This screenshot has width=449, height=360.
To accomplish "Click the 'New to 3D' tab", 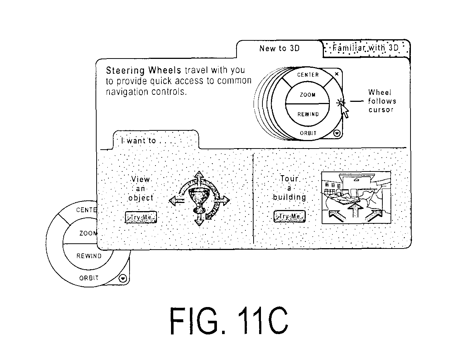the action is click(x=279, y=49).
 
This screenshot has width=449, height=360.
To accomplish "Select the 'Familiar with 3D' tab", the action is click(x=366, y=48).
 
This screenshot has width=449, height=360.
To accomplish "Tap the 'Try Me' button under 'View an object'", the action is click(x=141, y=217).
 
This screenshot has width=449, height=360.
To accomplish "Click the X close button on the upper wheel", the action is click(x=336, y=74).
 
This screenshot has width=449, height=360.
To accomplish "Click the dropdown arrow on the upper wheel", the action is click(x=337, y=133).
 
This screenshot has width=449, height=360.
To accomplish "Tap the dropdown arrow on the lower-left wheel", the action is click(x=123, y=279).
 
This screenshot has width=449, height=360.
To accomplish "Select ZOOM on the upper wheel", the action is click(x=308, y=94).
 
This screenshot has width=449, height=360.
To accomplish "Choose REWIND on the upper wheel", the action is click(x=308, y=114).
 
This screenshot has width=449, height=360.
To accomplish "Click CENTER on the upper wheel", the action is click(x=308, y=74).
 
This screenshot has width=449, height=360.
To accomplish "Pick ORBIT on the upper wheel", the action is click(x=308, y=133).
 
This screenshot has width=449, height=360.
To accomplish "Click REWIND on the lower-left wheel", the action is click(x=89, y=256).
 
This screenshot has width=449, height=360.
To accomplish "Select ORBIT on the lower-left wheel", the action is click(x=89, y=278).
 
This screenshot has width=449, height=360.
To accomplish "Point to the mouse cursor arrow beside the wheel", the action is click(x=345, y=111).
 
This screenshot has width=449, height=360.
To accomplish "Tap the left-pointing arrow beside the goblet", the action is click(x=177, y=201).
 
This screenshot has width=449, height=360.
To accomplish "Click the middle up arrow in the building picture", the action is click(x=356, y=210).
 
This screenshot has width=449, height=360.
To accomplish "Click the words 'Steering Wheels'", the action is click(x=143, y=71).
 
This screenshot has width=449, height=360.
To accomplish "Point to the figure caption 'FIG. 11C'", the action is click(x=229, y=321).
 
